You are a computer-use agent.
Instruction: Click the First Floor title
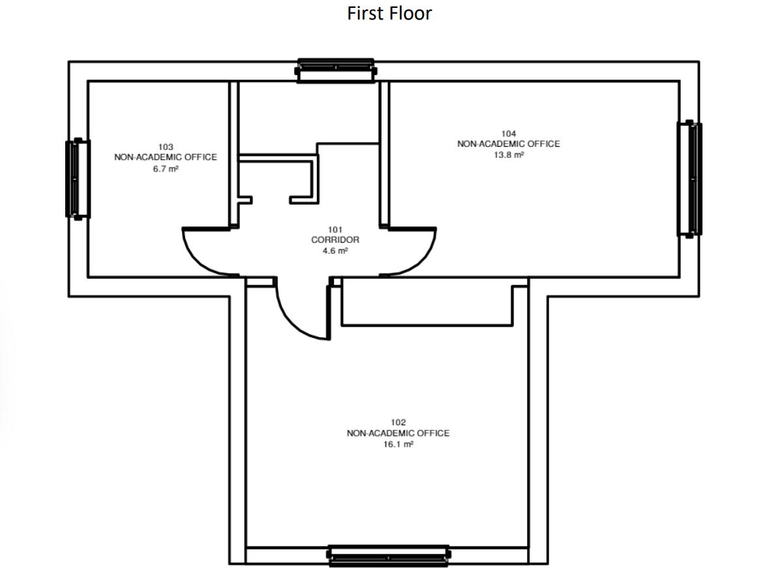pos(389,13)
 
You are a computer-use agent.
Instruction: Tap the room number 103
pos(166,147)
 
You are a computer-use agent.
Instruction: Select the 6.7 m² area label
pos(166,169)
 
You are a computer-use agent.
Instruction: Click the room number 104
pos(509,134)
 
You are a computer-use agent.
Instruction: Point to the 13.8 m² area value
pos(509,155)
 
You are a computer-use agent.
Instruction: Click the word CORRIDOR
pos(335,240)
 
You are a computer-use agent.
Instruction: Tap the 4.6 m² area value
pos(335,250)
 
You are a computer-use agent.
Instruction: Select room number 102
pos(398,422)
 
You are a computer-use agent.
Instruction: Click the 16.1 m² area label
pos(398,444)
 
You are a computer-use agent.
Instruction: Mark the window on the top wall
pos(335,71)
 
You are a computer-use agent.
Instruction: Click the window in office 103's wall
pos(78,179)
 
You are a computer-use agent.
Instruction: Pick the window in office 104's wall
pos(690,179)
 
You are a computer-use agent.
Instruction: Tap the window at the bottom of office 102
pos(389,556)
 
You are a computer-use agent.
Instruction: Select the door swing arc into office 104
pos(421,261)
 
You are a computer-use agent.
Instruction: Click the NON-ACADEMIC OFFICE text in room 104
pos(509,144)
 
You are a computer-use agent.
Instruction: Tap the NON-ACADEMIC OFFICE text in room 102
pos(398,433)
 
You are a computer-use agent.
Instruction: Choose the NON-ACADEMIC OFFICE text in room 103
pos(166,157)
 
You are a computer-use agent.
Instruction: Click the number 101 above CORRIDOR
pos(335,230)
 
